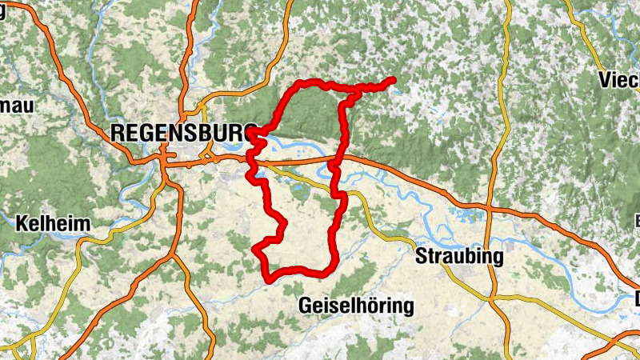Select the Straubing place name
click(x=459, y=257)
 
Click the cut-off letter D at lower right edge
click(x=636, y=300)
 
